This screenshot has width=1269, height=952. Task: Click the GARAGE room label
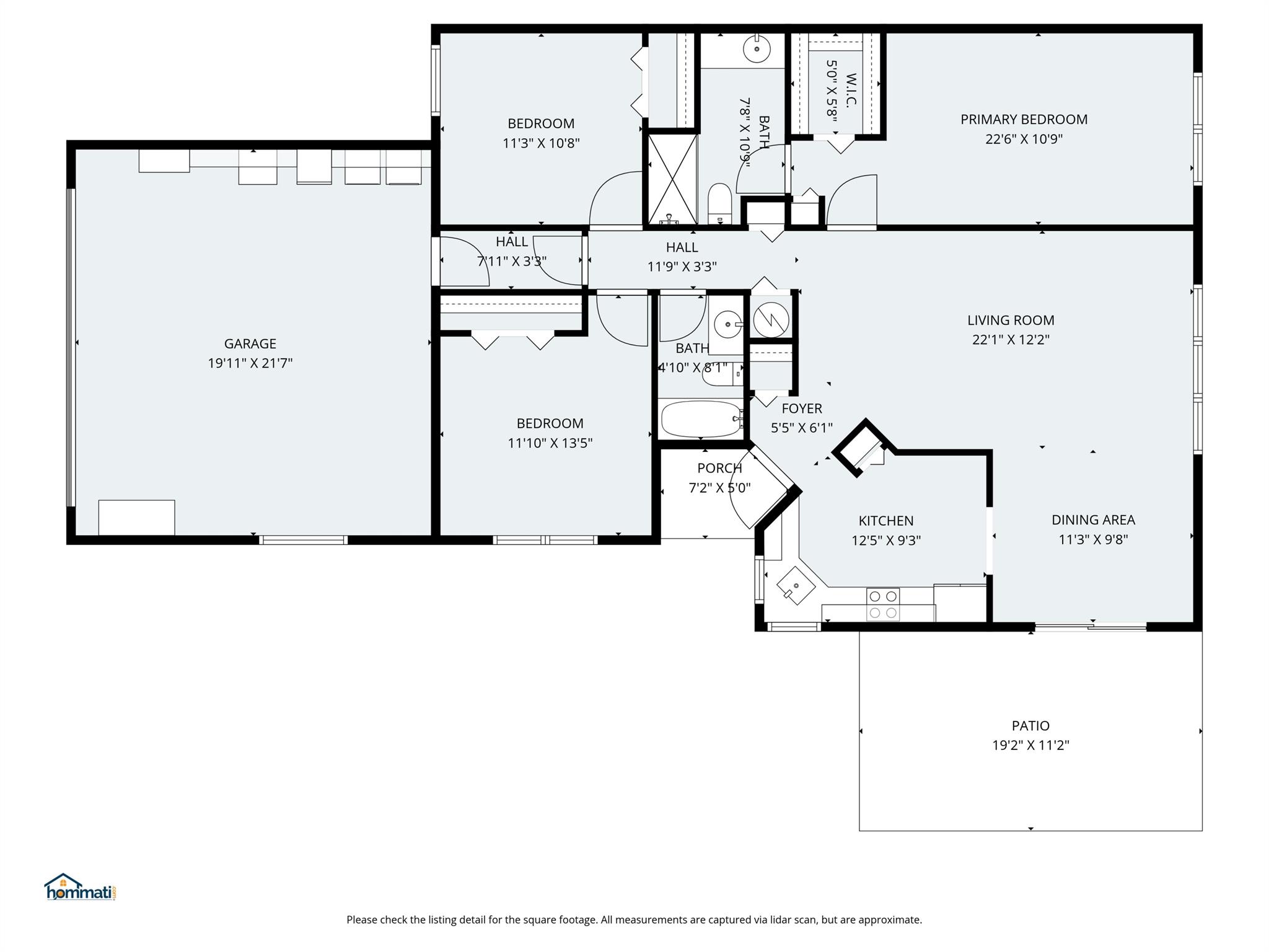click(x=250, y=343)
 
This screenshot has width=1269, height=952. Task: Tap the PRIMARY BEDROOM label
click(x=1024, y=119)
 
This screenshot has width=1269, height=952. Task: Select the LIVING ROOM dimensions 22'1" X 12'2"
click(x=1011, y=340)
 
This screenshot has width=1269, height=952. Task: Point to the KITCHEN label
click(x=886, y=521)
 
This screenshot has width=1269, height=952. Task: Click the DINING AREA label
click(x=1093, y=520)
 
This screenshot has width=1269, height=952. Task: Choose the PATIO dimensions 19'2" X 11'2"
click(x=1030, y=745)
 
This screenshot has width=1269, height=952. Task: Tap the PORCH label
click(x=719, y=468)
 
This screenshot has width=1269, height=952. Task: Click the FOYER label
click(x=802, y=408)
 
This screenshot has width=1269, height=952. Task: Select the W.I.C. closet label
click(x=851, y=89)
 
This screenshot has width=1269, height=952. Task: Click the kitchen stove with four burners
click(x=883, y=604)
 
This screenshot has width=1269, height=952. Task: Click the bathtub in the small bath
click(x=701, y=419)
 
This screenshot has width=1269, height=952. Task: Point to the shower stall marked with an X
click(x=672, y=179)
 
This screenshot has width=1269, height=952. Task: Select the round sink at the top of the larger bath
click(x=757, y=48)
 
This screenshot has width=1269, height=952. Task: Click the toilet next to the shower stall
click(x=720, y=203)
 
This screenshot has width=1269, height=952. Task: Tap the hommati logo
click(x=81, y=887)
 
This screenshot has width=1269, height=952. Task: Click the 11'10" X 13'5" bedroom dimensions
click(x=550, y=443)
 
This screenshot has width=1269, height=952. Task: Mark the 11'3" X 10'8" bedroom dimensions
click(x=541, y=143)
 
